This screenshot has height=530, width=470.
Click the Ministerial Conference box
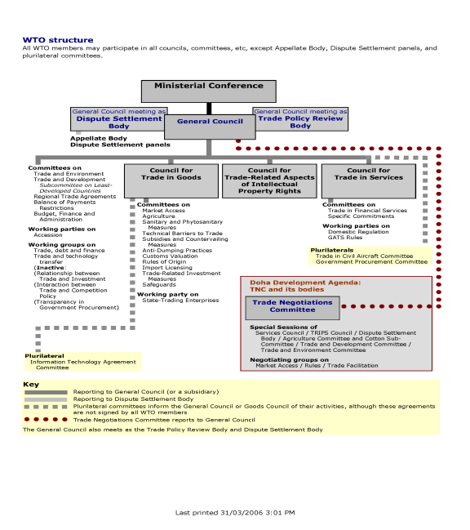click(209, 91)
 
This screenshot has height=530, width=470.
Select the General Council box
click(210, 127)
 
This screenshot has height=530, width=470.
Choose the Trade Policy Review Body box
click(300, 119)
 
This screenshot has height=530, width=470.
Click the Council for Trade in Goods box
click(171, 181)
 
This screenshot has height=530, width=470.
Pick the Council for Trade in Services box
click(369, 181)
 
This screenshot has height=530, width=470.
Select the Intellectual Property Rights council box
click(269, 181)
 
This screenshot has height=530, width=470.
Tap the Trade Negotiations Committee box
click(292, 308)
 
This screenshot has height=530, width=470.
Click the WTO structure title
click(58, 40)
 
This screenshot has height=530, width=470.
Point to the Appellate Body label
click(99, 138)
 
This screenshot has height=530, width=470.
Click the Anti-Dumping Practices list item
click(177, 251)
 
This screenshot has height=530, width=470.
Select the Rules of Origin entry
click(164, 262)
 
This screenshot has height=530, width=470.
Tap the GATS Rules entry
click(345, 238)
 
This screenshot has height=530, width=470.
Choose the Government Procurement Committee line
click(371, 262)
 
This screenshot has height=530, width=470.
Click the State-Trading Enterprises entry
click(180, 301)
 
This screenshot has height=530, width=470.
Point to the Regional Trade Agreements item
click(74, 196)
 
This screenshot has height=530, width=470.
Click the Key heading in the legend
click(31, 385)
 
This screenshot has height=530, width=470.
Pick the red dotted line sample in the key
click(46, 420)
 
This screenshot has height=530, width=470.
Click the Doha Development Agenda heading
click(305, 286)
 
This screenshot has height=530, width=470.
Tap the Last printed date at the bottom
click(235, 513)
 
